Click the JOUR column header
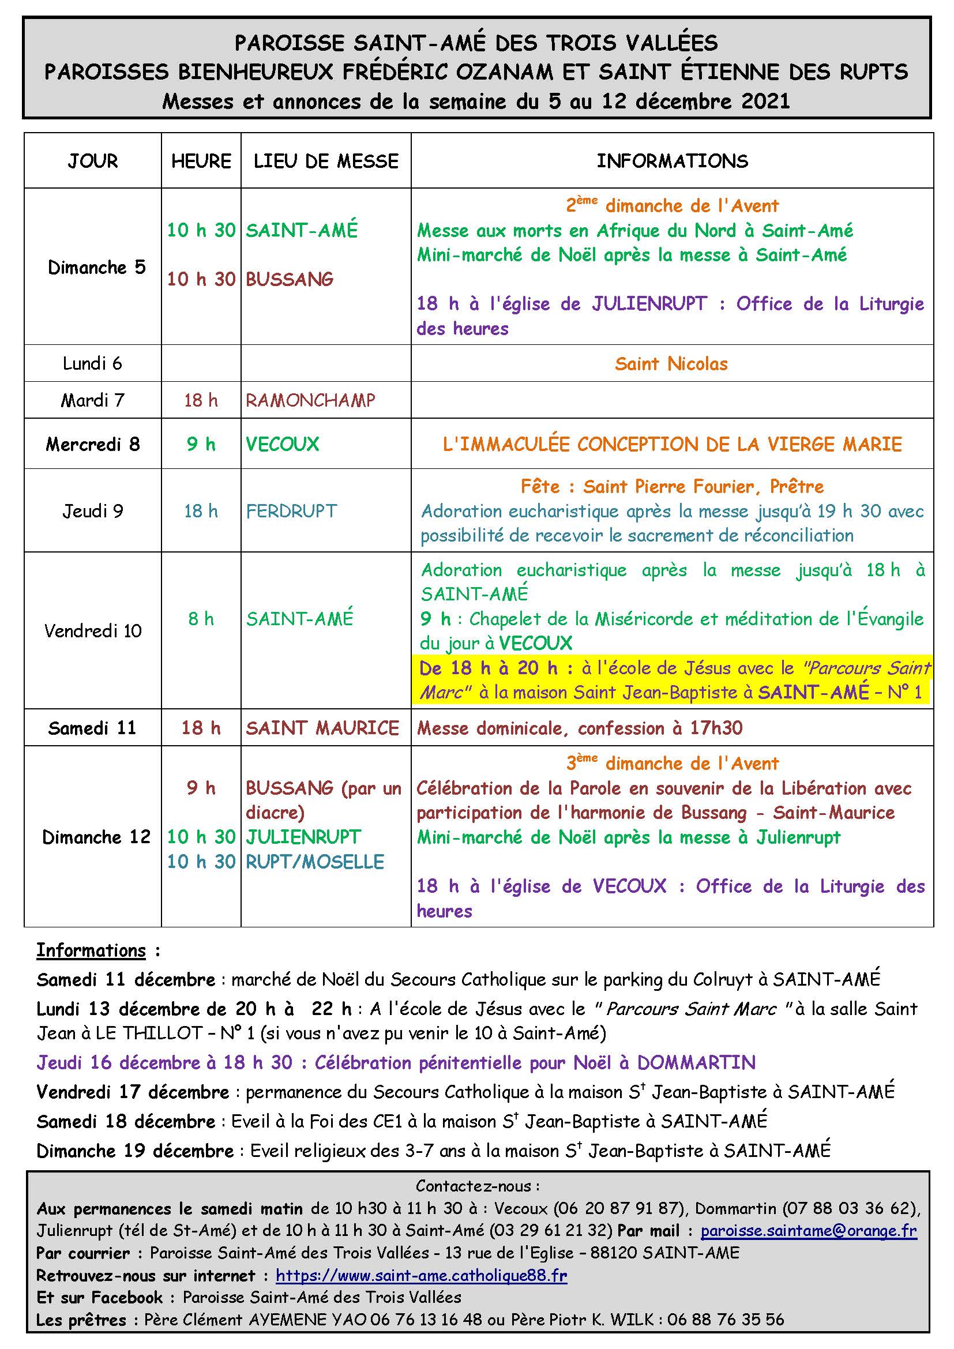(x=93, y=161)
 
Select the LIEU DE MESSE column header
(x=326, y=161)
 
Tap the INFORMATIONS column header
(x=672, y=161)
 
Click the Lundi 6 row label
(x=93, y=363)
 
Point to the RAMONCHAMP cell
(x=310, y=400)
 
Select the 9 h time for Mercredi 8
(x=201, y=444)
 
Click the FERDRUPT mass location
(x=291, y=510)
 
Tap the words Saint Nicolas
(x=671, y=364)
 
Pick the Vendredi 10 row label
(x=93, y=631)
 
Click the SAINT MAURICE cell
(x=322, y=728)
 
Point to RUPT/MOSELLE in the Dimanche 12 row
(x=315, y=861)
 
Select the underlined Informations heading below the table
(x=91, y=950)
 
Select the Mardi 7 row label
(x=93, y=400)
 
